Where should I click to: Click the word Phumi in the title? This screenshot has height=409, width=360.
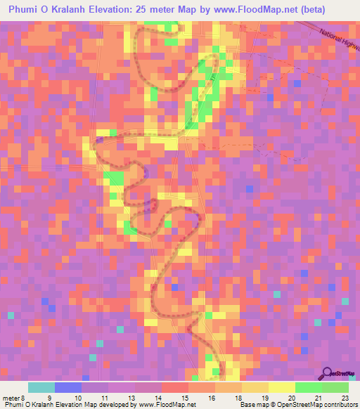point(23,10)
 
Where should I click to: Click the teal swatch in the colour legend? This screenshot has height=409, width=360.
point(41,387)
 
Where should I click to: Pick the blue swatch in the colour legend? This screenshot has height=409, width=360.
point(68,387)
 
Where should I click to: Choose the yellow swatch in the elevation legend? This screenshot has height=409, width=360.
point(282,387)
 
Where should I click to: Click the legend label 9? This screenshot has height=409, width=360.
point(49,398)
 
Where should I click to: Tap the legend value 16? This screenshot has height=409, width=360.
point(210,398)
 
